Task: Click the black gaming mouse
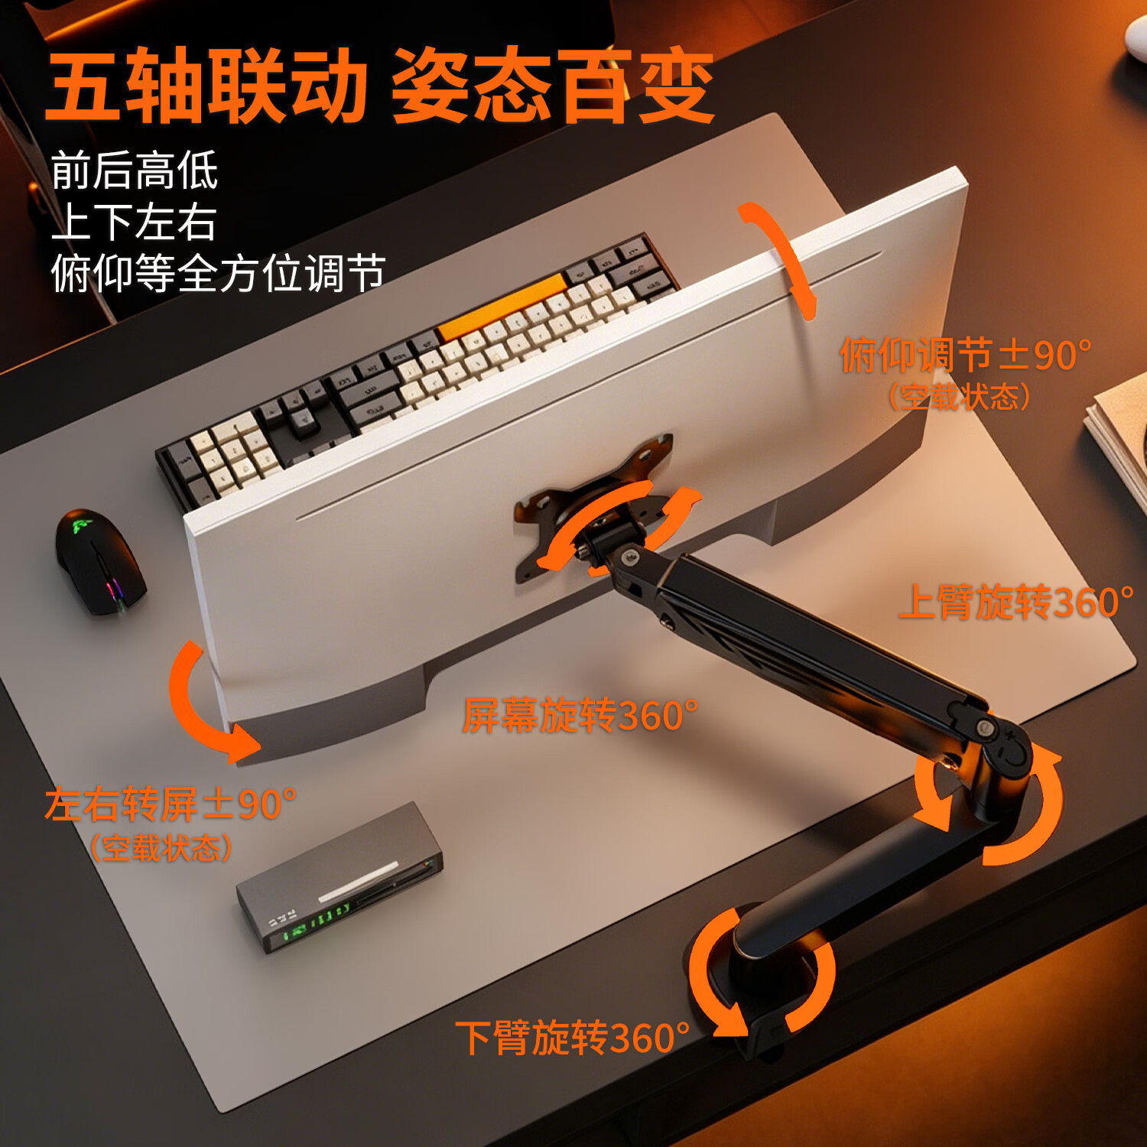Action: (100, 562)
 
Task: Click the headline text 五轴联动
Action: (207, 86)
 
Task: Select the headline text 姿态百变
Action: (552, 86)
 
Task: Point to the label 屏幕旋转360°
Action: (580, 716)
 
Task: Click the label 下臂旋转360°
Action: (573, 1038)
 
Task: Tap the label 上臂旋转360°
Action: (1016, 602)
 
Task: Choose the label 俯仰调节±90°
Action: (966, 355)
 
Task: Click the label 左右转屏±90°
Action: (171, 804)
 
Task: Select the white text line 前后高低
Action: (135, 170)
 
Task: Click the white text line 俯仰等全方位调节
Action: (218, 273)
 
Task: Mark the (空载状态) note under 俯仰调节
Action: (960, 397)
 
